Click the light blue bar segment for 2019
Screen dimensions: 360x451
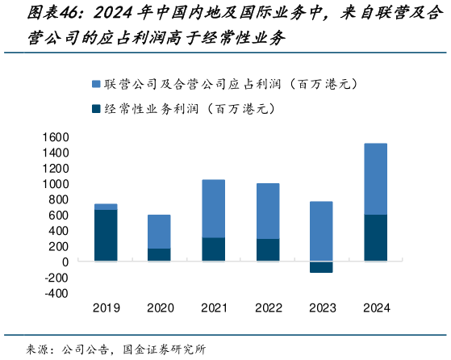(x=106, y=207)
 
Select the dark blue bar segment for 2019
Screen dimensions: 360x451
(x=106, y=236)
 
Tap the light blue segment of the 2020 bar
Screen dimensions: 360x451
(x=159, y=232)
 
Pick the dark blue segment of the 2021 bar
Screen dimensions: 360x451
(x=213, y=249)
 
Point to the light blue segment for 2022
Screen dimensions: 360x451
(x=267, y=211)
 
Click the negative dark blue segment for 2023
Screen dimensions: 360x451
(x=321, y=267)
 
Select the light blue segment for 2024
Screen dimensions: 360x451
(x=375, y=179)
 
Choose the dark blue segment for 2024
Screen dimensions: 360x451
(x=375, y=238)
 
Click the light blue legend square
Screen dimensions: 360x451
(x=97, y=83)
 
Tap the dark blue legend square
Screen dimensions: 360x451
(x=97, y=108)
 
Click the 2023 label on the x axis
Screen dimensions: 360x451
(x=321, y=308)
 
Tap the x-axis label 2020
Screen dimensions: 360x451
(x=159, y=308)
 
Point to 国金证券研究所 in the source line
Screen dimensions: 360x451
(x=164, y=350)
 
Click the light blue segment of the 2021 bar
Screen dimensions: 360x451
(x=213, y=208)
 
